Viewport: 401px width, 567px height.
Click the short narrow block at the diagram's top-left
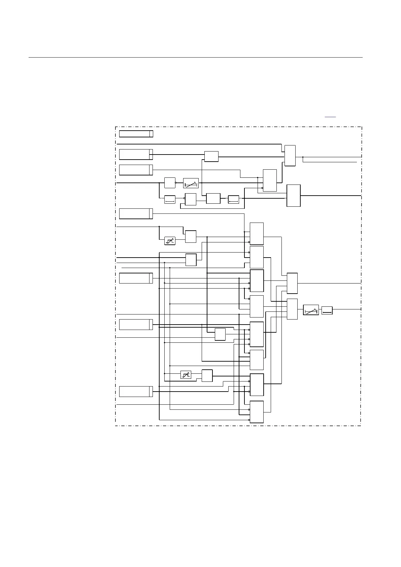136,134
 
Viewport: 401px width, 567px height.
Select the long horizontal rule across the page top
195,57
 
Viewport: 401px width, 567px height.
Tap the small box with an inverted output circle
170,182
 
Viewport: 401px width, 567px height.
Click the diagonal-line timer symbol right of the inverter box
191,183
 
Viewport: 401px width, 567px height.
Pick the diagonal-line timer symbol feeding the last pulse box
311,310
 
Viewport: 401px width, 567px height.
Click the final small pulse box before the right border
327,310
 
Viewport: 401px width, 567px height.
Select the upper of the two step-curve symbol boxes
170,241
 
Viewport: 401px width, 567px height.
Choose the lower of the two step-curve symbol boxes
186,374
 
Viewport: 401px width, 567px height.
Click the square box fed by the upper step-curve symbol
191,236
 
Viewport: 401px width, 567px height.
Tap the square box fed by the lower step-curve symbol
207,375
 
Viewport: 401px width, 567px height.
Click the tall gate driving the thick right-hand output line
293,195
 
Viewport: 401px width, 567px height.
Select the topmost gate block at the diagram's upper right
290,156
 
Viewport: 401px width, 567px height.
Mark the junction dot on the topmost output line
303,157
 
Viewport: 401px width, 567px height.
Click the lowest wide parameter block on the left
136,392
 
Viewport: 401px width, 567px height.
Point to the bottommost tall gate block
257,412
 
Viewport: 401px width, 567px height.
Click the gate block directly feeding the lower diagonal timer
292,309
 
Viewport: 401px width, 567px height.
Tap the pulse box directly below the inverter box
170,199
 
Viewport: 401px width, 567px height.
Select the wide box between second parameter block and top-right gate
211,157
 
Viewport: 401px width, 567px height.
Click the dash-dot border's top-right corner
362,127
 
